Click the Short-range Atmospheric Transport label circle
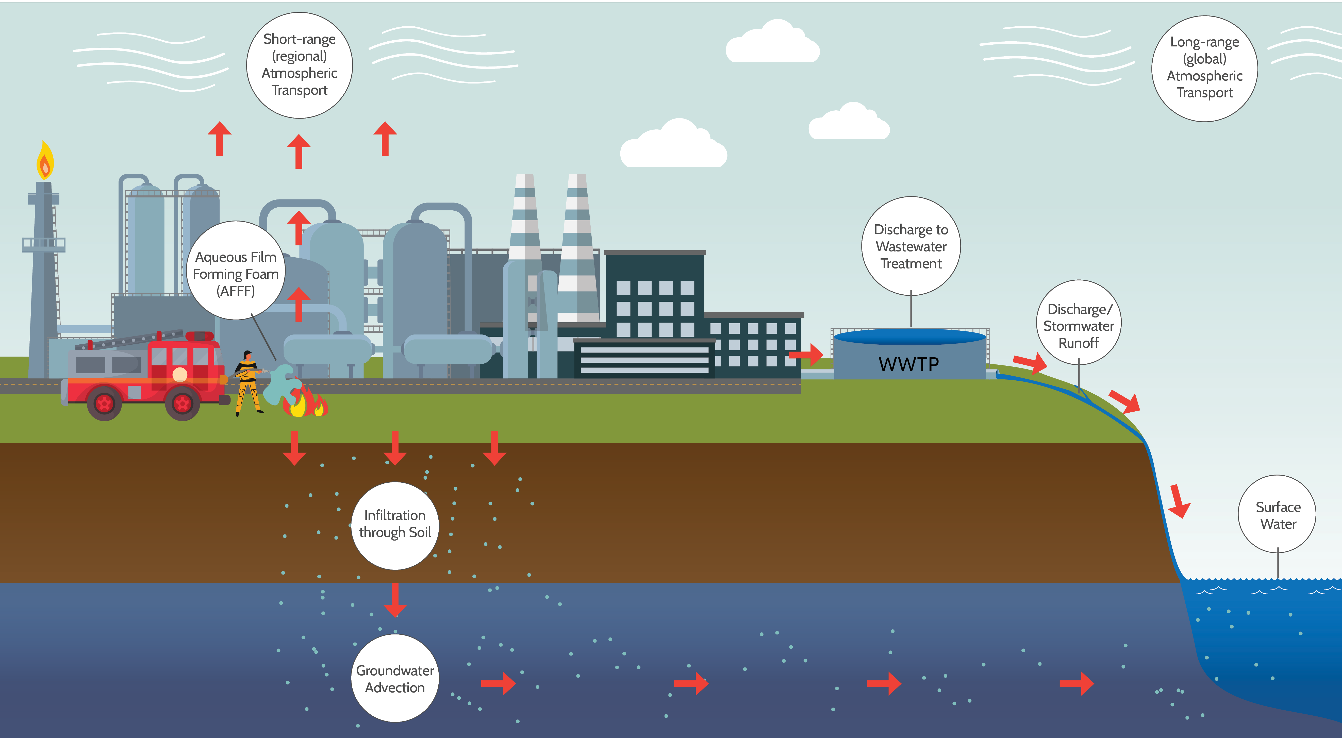click(300, 65)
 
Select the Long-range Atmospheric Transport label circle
click(1204, 68)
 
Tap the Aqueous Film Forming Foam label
click(236, 270)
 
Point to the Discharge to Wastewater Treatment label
click(911, 246)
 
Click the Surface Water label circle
click(1278, 514)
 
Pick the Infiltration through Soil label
click(395, 526)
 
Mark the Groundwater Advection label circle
click(395, 678)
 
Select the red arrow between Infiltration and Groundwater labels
click(395, 600)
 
